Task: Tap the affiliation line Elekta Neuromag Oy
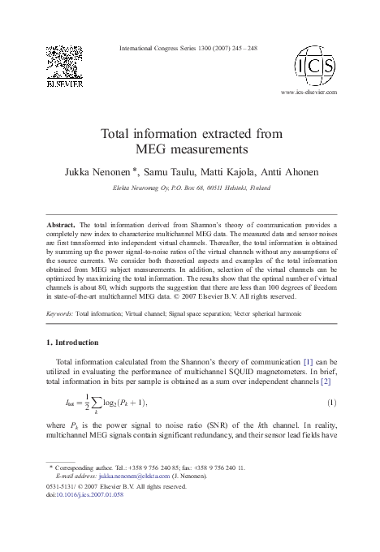(191, 188)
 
